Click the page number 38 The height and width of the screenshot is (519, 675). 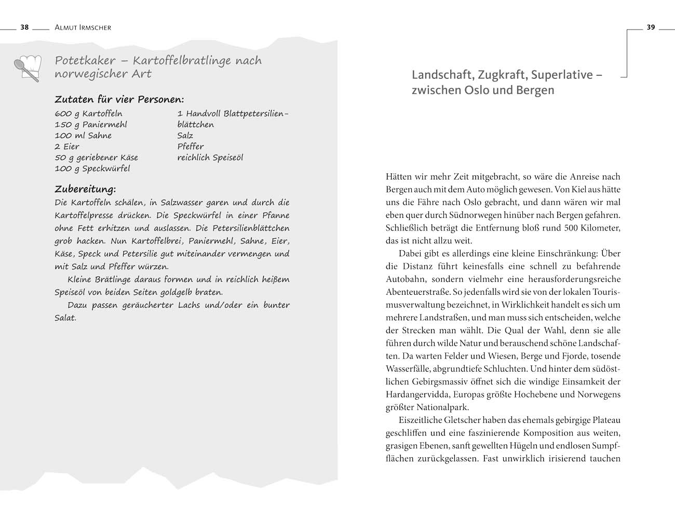coord(24,28)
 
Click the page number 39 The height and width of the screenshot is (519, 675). coord(651,28)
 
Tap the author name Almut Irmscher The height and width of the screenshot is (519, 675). coord(83,28)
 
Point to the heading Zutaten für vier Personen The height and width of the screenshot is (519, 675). coord(119,99)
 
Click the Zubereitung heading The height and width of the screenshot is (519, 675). coord(85,188)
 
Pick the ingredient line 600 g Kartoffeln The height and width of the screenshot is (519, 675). coord(88,114)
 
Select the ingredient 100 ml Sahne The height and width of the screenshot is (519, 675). coord(83,135)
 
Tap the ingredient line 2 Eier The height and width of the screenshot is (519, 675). coord(67,146)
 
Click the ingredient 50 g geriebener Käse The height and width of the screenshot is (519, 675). coord(97,157)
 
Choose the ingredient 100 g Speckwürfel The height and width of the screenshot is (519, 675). coord(92,169)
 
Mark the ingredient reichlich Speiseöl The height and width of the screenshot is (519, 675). coord(210,157)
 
